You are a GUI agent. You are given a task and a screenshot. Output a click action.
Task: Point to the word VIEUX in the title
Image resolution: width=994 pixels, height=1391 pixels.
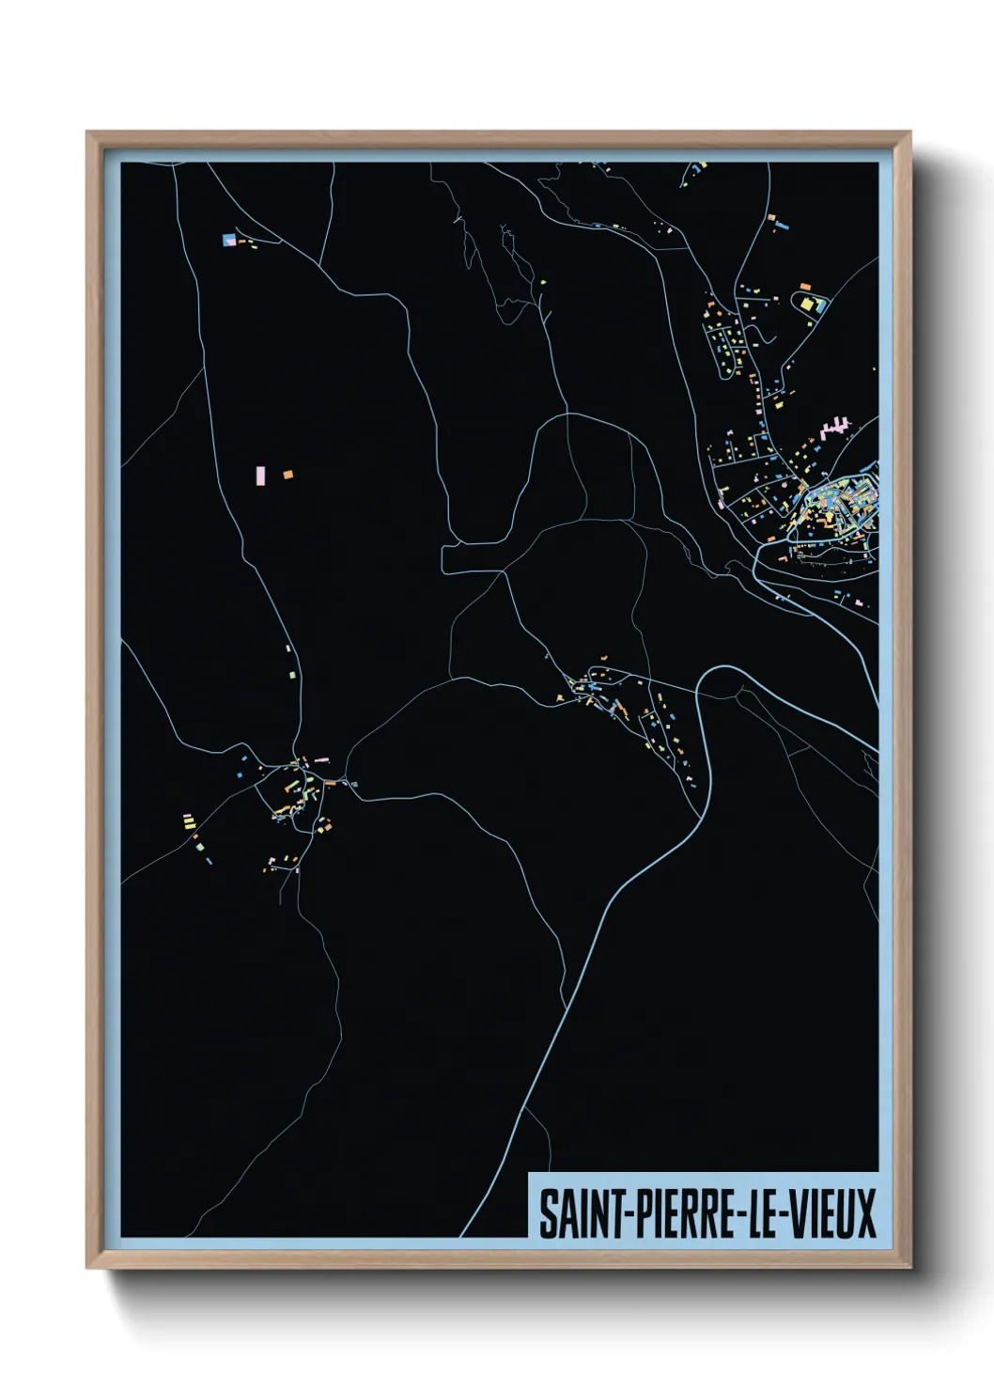coord(832,1213)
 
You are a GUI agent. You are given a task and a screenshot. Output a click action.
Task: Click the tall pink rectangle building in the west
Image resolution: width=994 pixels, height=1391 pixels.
coord(261,476)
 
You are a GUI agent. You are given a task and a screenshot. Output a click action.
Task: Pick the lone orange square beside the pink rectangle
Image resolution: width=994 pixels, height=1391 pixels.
coord(287,475)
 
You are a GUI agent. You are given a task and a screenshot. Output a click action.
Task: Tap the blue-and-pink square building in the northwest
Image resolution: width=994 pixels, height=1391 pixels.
coord(228,240)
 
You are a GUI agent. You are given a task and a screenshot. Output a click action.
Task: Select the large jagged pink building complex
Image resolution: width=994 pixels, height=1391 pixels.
coord(835,428)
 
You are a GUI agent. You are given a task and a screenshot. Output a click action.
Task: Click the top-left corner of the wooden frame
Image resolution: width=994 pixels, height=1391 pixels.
coord(87,133)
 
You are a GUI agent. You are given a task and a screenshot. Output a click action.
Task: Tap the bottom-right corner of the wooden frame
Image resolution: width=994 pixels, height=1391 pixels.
coord(910,1268)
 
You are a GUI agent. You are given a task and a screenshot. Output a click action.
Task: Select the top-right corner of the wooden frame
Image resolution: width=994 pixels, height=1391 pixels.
coord(910,133)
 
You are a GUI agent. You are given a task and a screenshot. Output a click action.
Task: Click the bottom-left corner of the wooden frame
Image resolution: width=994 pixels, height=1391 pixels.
coord(87,1268)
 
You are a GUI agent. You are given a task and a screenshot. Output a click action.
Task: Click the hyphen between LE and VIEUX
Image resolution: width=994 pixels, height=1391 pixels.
coord(784,1215)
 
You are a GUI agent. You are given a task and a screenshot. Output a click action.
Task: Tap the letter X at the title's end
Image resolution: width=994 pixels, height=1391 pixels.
coord(865,1213)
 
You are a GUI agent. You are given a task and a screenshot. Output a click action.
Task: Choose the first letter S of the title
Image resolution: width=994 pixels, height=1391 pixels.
coord(547,1213)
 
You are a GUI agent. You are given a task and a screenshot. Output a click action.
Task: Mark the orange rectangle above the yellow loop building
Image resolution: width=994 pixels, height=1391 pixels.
coord(804,286)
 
